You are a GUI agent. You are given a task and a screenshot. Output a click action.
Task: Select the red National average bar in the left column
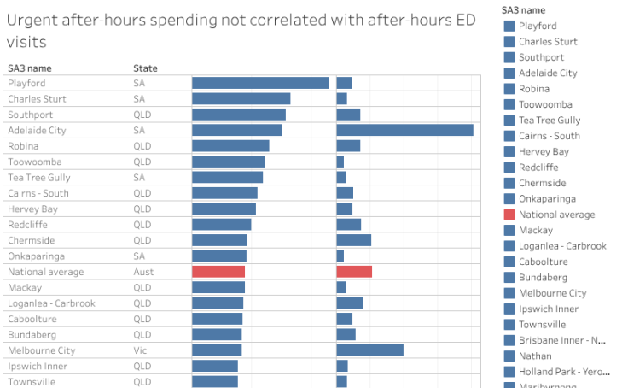[x=218, y=272]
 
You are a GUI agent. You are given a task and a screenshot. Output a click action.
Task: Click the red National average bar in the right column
[x=354, y=272]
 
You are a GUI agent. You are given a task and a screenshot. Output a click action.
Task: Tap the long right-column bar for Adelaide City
[x=404, y=130]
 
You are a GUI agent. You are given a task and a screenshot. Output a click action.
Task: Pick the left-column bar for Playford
[x=260, y=83]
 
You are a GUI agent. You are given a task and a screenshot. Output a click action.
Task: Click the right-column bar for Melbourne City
[x=369, y=350]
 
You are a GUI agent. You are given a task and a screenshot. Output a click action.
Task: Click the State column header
[x=145, y=68]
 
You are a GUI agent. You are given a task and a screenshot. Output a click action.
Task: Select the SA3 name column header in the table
[x=29, y=68]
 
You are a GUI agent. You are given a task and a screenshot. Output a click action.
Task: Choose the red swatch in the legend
[x=509, y=215]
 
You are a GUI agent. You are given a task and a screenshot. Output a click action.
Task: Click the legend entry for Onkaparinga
[x=548, y=199]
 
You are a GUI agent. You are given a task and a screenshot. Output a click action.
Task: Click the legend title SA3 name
[x=523, y=9]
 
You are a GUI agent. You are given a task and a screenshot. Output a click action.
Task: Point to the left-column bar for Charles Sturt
[x=241, y=98]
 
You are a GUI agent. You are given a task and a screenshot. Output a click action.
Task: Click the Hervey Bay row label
[x=32, y=209]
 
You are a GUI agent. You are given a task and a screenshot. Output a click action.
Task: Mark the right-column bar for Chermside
[x=353, y=240]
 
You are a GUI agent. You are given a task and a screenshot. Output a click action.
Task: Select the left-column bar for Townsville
[x=214, y=381]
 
